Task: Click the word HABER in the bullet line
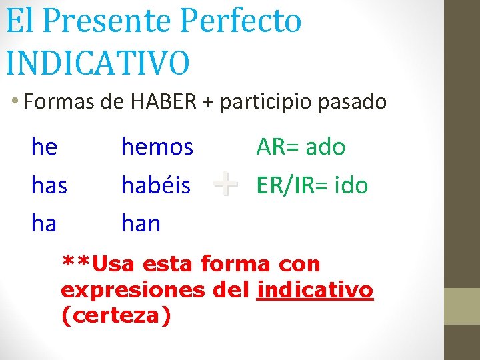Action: [x=163, y=102]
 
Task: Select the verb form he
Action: [x=44, y=147]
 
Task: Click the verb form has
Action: [x=49, y=185]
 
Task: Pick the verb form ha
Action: [x=44, y=223]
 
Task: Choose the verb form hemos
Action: [x=157, y=147]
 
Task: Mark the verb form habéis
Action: [x=156, y=185]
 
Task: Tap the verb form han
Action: [x=141, y=223]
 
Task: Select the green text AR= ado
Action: [x=301, y=147]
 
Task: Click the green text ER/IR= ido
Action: [x=312, y=185]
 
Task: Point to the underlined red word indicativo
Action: [x=315, y=291]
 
